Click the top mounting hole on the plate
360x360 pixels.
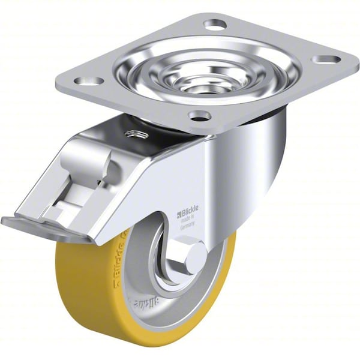tap(215, 25)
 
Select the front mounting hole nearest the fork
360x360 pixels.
tap(199, 115)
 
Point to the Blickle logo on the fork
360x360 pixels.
tap(189, 213)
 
